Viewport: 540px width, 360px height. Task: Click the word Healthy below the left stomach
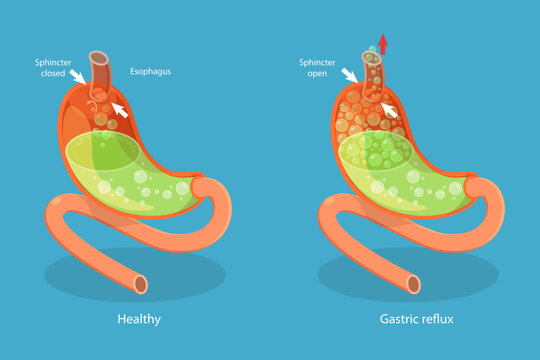pos(139,319)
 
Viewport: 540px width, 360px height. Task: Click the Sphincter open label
pos(316,66)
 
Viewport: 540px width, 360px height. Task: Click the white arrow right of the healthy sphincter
pos(119,105)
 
